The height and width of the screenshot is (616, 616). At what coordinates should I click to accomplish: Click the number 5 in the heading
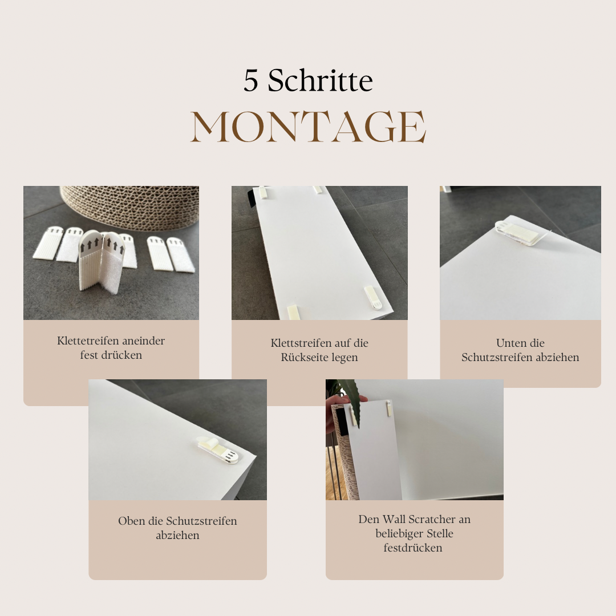[x=250, y=81]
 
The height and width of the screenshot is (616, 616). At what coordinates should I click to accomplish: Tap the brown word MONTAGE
[x=309, y=126]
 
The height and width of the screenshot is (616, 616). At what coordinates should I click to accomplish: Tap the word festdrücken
[x=413, y=548]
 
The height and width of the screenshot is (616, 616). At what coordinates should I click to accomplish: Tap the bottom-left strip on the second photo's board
[x=293, y=313]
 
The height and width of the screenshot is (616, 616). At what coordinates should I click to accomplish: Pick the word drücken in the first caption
[x=121, y=355]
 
